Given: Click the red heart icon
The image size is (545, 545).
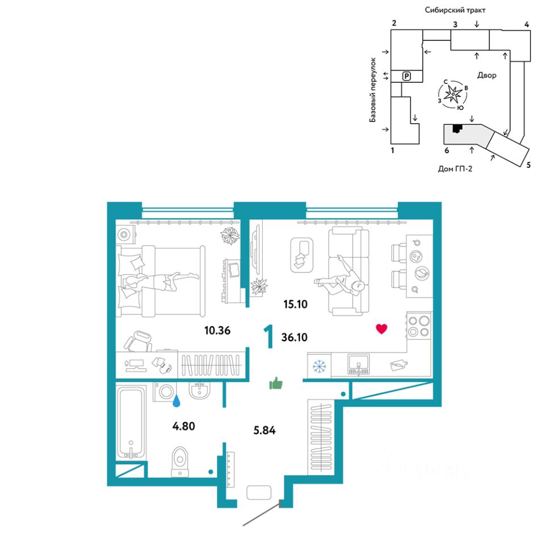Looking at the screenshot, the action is click(382, 329).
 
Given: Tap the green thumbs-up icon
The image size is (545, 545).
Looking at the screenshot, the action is click(276, 384).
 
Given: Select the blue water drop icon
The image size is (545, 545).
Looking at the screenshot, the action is click(178, 401).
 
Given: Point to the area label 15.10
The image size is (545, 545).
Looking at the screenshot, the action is click(295, 304).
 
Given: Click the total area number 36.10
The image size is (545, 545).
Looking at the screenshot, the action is click(295, 337).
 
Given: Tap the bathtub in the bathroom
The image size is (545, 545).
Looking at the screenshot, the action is click(131, 421).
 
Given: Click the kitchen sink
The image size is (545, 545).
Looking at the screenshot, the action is click(358, 364).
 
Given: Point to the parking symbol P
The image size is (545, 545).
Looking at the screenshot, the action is click(406, 76).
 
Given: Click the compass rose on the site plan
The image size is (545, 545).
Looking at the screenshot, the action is click(453, 95).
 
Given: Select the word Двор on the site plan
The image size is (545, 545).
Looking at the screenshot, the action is click(487, 75).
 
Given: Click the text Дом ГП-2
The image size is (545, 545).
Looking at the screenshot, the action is click(455, 168).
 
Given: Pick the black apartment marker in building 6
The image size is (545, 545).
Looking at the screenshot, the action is click(456, 128).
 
